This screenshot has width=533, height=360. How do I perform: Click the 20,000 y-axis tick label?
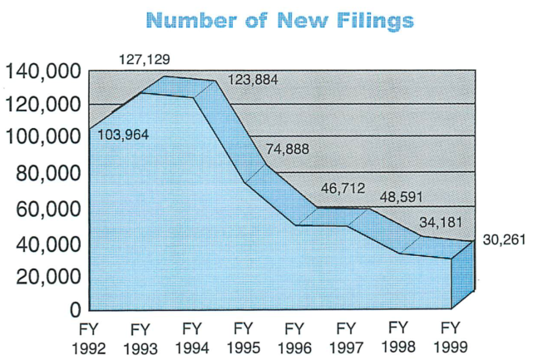coord(46,277)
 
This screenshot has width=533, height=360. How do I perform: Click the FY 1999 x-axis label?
coord(449,337)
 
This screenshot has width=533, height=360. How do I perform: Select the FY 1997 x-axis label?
coord(347,337)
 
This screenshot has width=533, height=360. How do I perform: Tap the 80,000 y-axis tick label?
coord(46,173)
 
